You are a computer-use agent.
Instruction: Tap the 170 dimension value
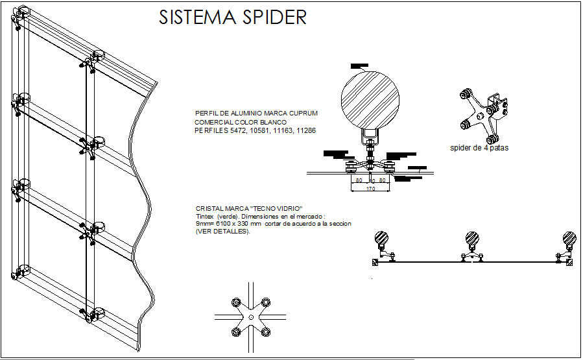[370, 189]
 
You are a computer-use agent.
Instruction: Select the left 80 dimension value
[358, 180]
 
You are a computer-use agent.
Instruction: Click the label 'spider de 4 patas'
[479, 147]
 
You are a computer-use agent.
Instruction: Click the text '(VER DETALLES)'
[222, 232]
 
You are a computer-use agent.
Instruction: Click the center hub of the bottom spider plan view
[250, 317]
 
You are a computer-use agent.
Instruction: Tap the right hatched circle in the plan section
[569, 238]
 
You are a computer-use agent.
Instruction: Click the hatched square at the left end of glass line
[375, 262]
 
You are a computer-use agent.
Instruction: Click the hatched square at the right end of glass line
[570, 262]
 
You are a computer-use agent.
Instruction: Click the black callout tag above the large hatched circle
[359, 66]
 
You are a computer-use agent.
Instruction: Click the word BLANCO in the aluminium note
[272, 121]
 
